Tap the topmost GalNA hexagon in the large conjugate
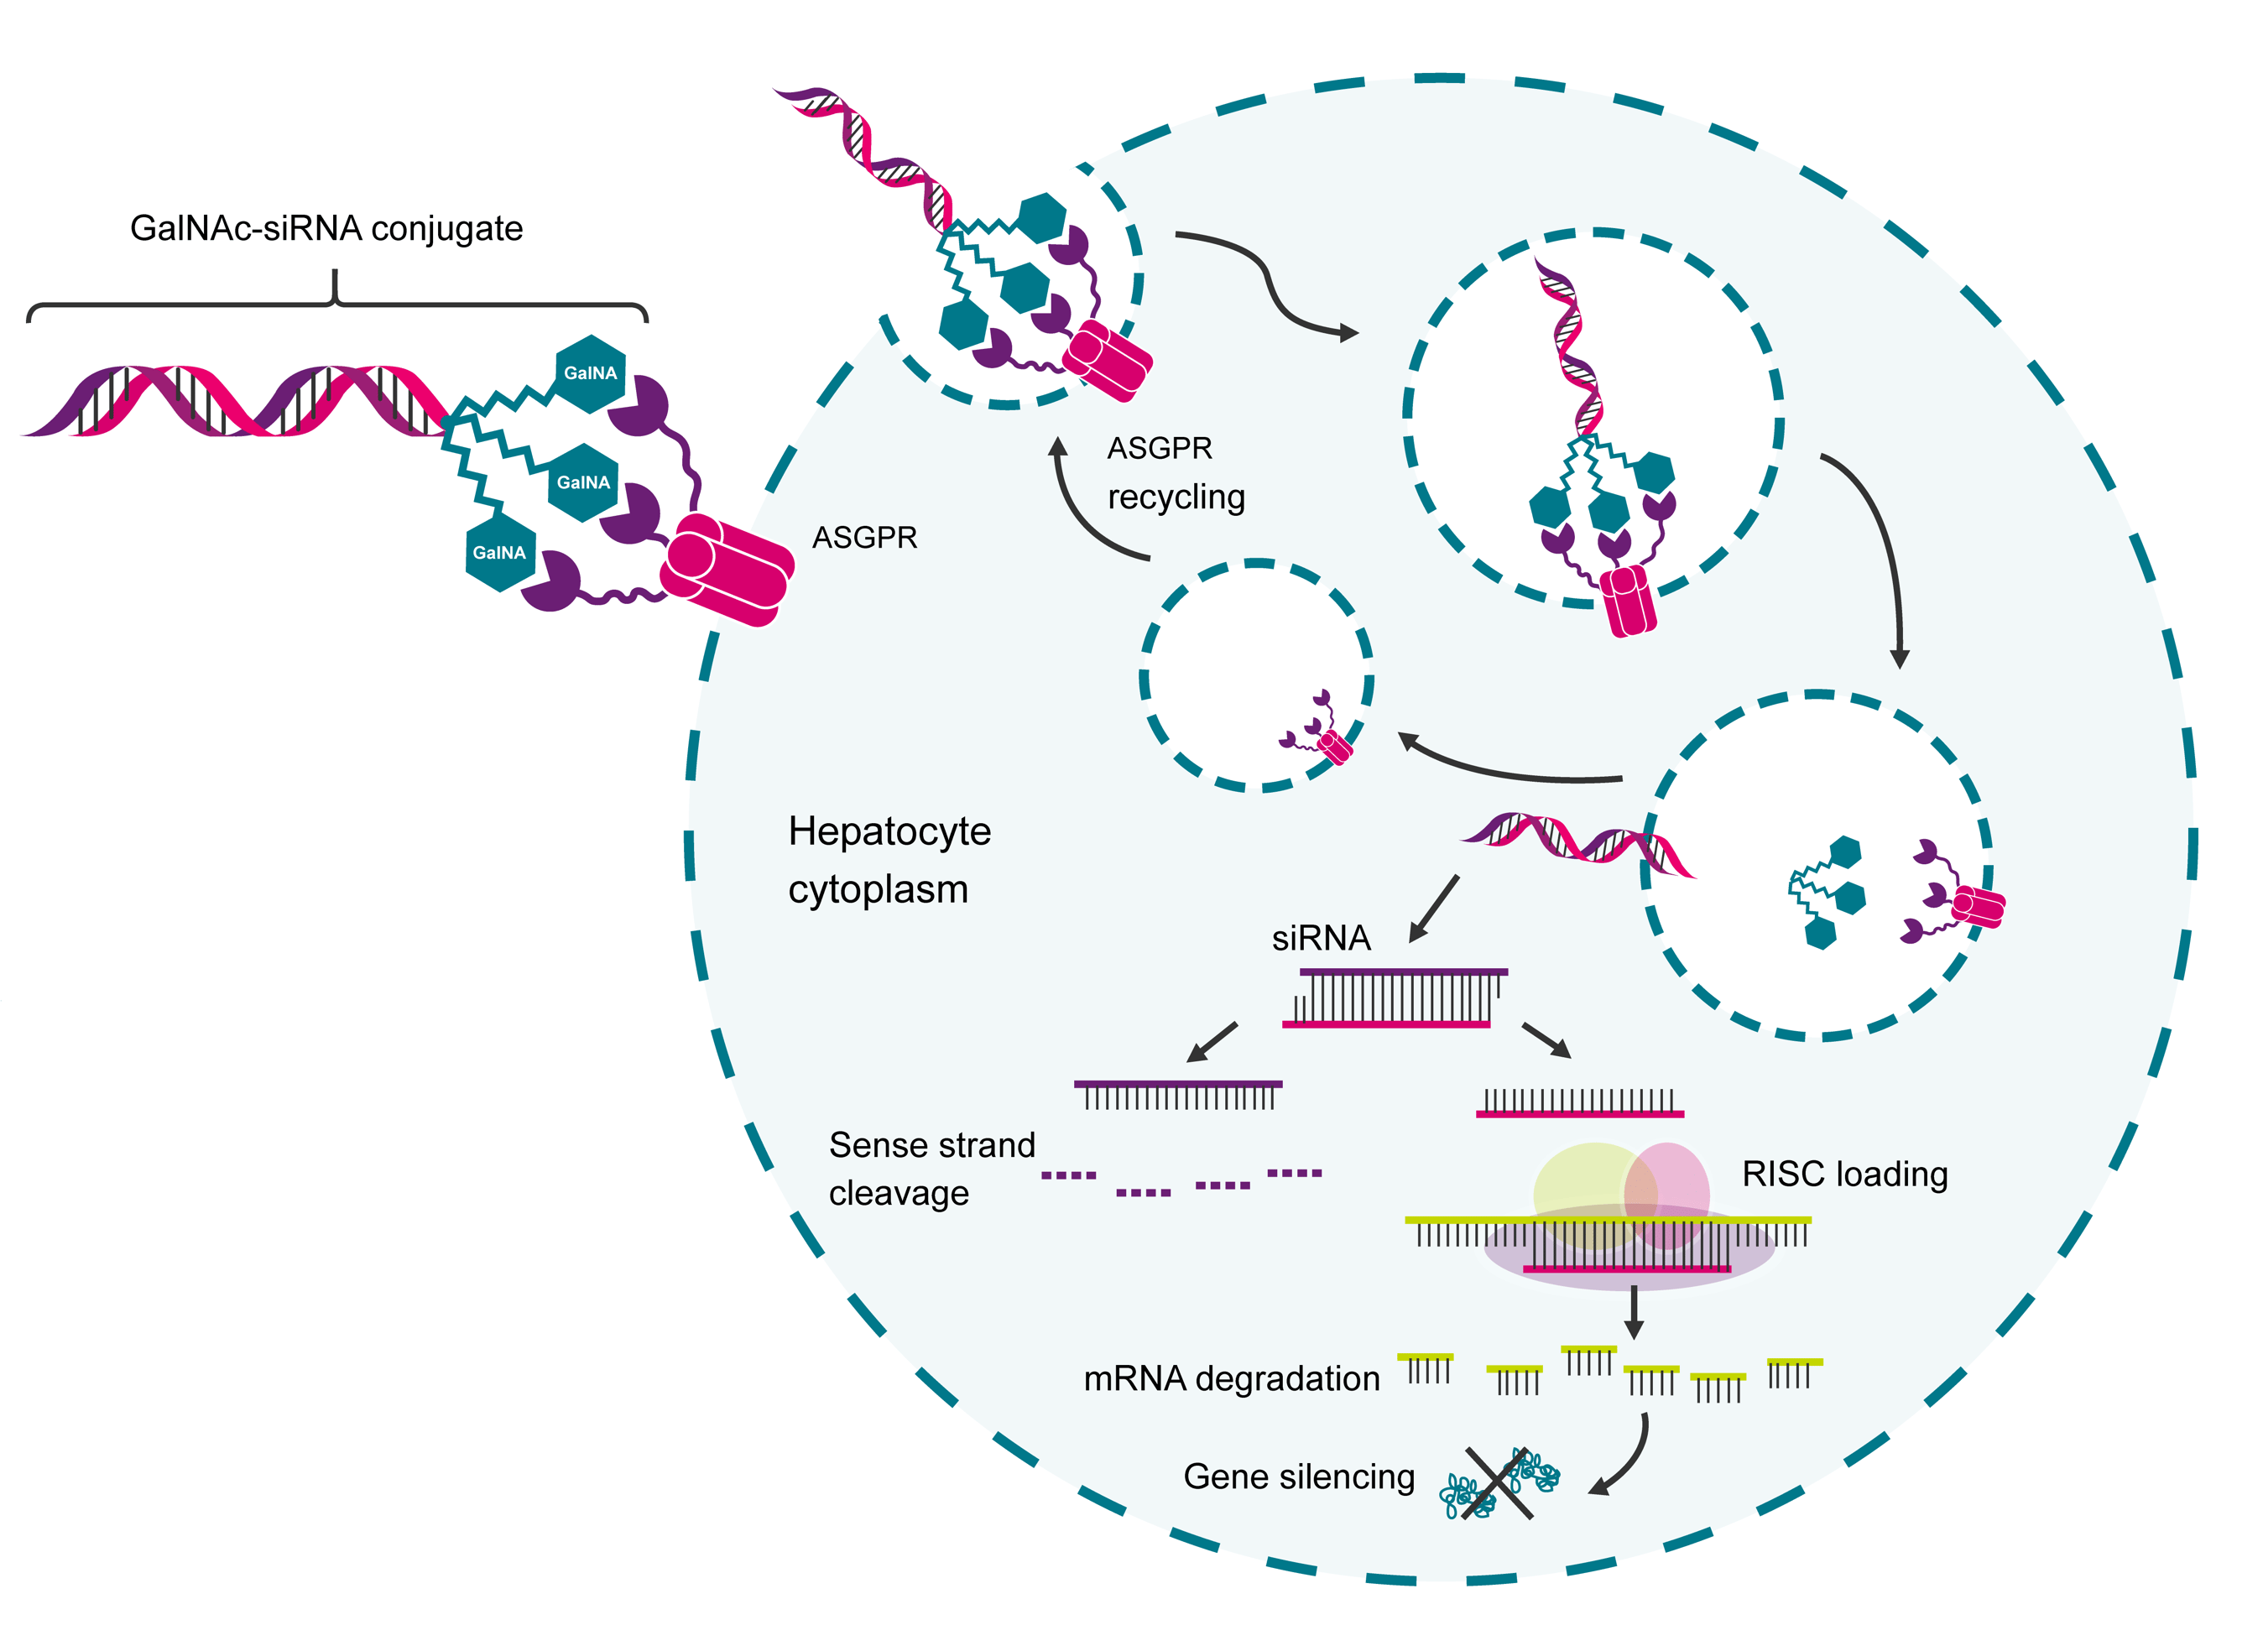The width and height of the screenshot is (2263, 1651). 590,372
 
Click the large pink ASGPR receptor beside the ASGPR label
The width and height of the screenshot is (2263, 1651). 727,569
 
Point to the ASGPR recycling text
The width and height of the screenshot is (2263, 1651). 1175,472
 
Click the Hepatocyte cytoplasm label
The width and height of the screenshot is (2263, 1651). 888,860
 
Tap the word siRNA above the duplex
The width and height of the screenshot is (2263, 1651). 1321,939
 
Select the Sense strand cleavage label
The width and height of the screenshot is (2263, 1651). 931,1169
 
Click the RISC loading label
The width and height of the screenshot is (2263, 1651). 1844,1174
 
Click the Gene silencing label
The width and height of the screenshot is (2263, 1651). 1298,1477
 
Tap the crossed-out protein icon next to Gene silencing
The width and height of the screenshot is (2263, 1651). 1497,1484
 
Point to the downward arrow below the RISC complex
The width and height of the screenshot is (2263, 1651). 1634,1313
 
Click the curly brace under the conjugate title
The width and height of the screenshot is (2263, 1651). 336,299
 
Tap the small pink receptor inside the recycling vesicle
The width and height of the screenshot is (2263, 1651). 1334,747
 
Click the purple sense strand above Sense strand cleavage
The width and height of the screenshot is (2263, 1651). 1177,1086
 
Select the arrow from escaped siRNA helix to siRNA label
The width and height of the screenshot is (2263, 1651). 1434,909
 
